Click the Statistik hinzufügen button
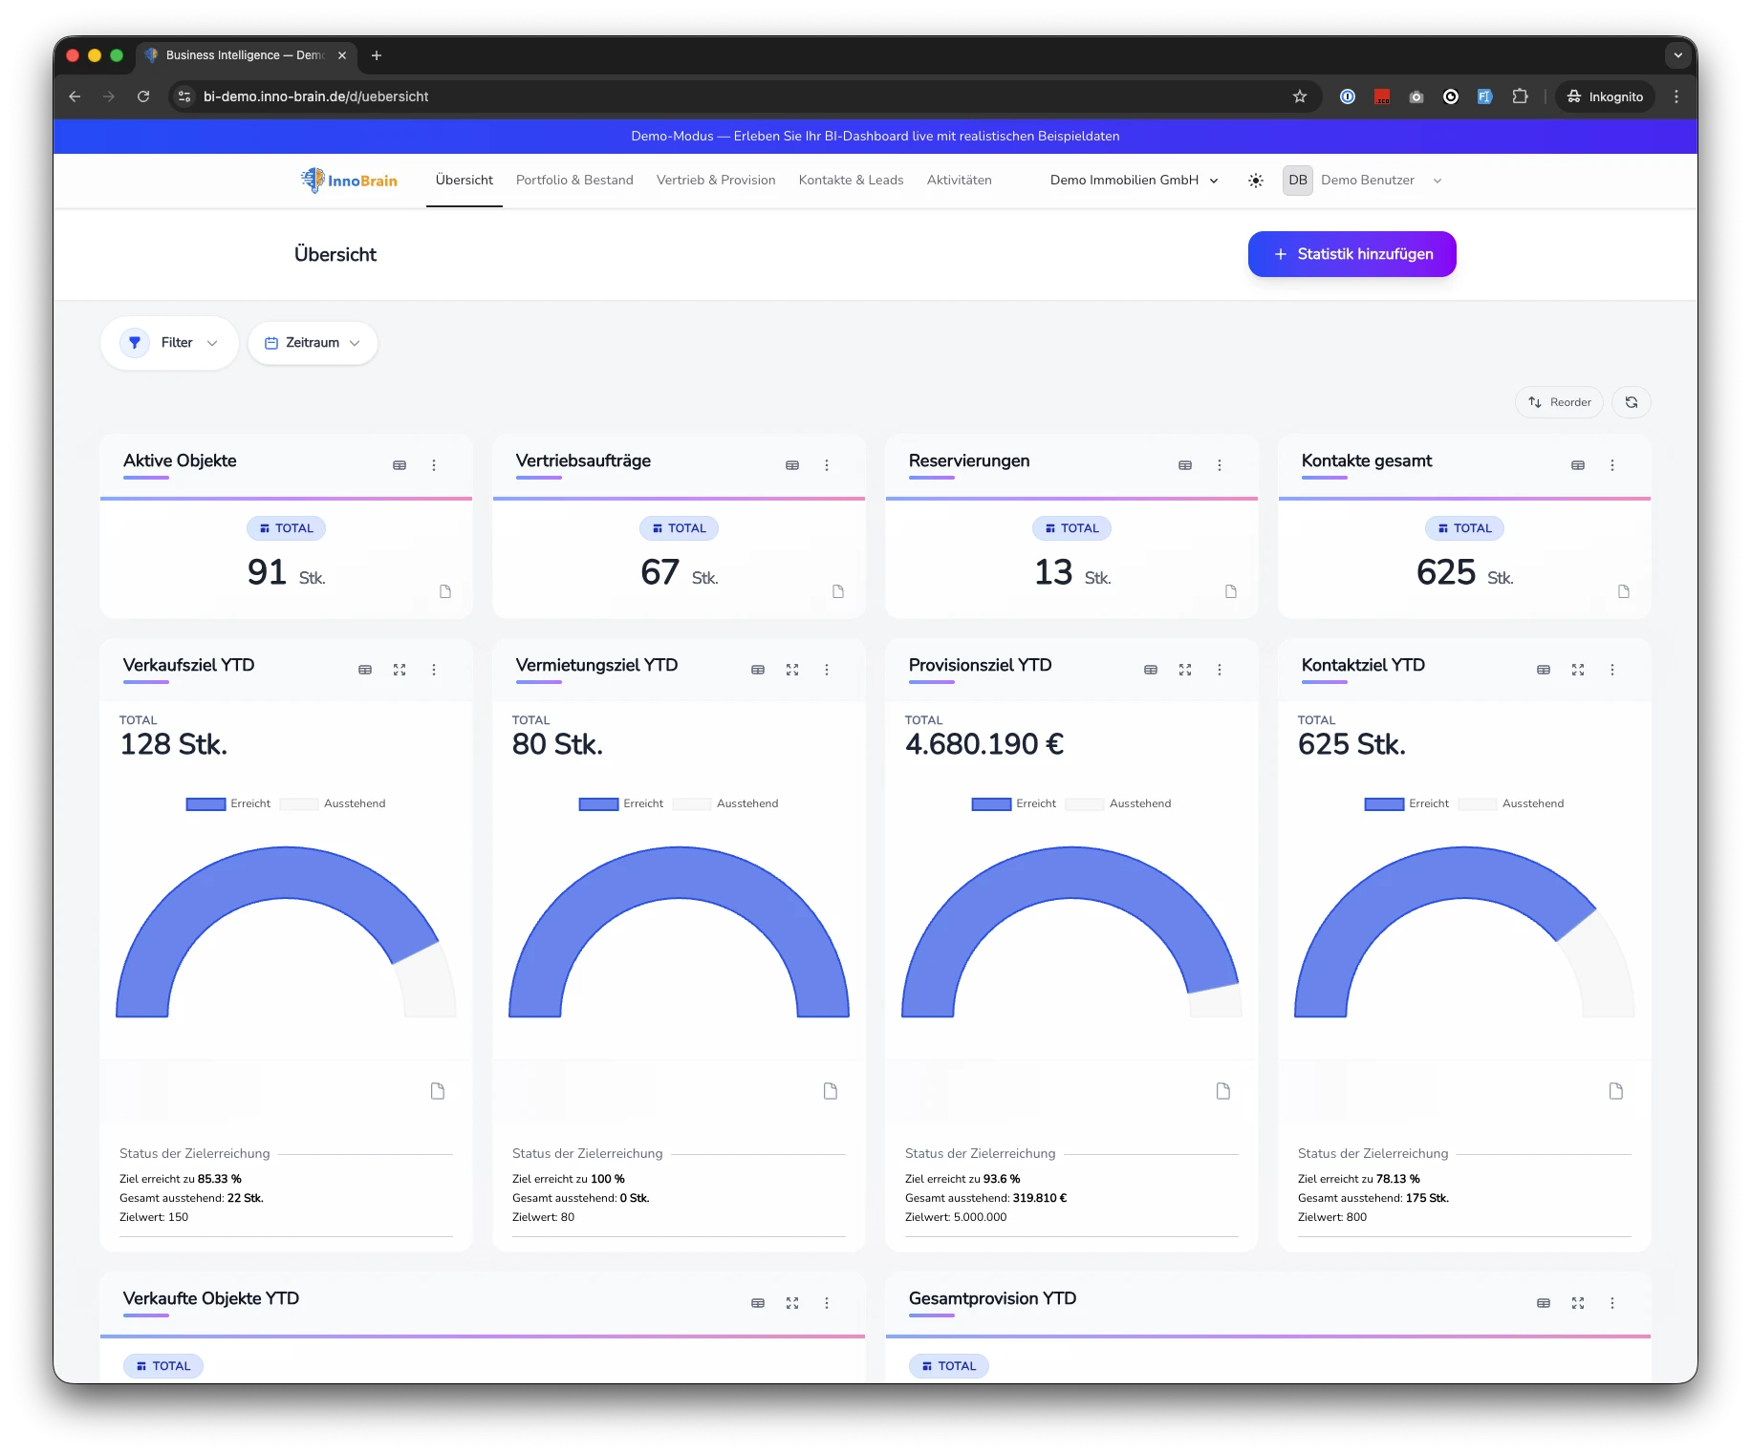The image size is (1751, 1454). coord(1351,254)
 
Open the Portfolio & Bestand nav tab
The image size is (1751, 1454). coord(574,181)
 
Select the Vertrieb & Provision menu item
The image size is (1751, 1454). coord(716,181)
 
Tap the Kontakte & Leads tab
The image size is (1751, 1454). coord(851,181)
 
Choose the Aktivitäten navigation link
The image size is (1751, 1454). coord(959,181)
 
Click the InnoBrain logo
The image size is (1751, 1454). coord(349,181)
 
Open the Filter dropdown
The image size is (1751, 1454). coord(169,343)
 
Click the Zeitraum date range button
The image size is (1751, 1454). coord(313,343)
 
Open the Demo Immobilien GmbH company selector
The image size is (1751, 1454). coord(1134,181)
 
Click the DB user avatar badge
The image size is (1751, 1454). coord(1297,181)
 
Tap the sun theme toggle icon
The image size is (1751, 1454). coord(1256,181)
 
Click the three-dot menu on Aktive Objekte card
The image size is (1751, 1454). coord(434,465)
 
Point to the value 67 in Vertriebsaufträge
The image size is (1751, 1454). coord(659,572)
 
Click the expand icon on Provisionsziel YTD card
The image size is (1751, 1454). coord(1185,670)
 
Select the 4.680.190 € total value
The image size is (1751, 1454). coord(984,744)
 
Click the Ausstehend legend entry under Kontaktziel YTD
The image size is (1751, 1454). coord(1532,803)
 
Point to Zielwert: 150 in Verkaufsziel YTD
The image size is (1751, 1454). coord(154,1217)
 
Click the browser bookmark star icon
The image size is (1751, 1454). coord(1300,96)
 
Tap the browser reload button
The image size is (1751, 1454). coord(143,96)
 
